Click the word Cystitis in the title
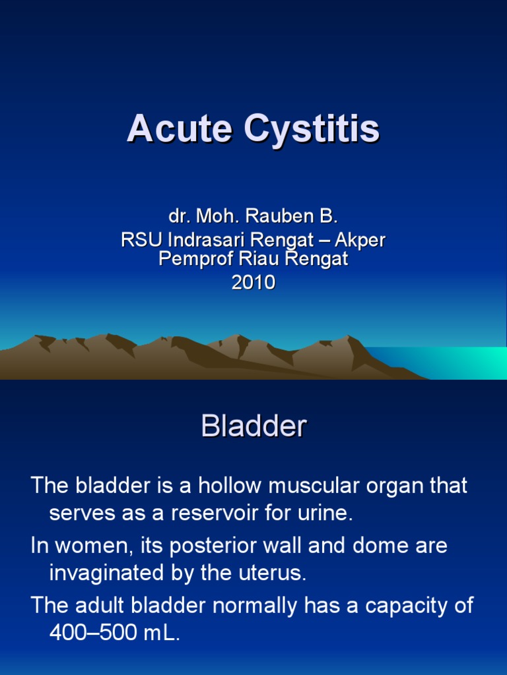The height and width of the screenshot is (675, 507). (x=312, y=129)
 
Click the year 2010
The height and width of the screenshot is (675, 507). (x=253, y=283)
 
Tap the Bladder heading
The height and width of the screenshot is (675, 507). (x=253, y=427)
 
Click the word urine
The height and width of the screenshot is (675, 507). (x=324, y=514)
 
